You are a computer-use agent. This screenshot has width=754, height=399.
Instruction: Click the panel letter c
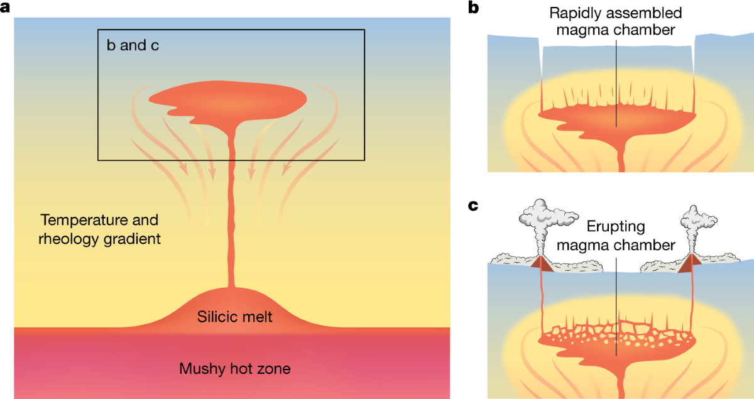474,205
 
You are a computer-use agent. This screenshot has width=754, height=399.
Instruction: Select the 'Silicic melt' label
234,317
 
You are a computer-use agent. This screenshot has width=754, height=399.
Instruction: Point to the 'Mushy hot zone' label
234,368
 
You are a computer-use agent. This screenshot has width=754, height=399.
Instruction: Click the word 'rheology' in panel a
63,239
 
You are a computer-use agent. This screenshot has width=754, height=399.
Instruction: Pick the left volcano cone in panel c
541,265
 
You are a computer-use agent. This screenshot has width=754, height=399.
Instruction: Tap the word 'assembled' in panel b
647,13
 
